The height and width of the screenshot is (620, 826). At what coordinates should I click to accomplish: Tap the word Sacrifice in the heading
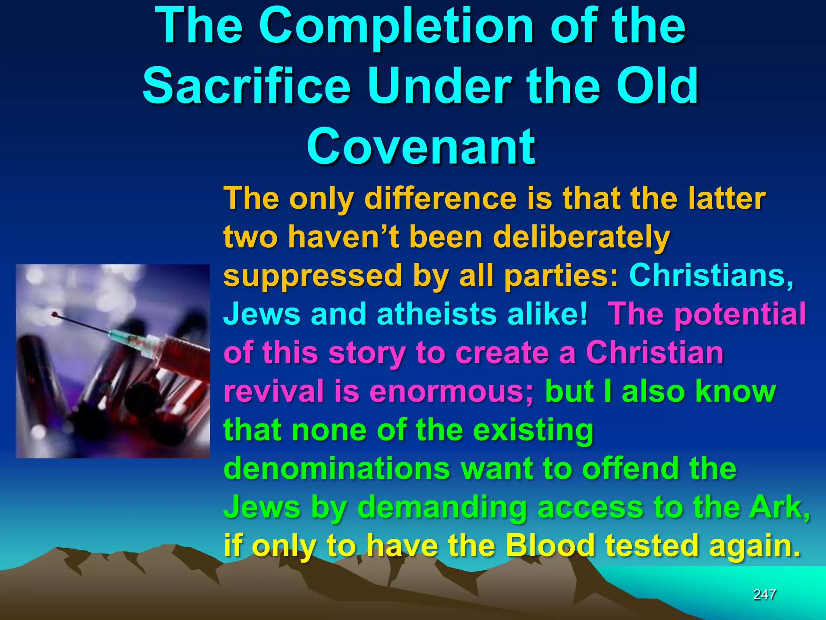(x=246, y=86)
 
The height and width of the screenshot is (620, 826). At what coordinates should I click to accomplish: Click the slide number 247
(x=764, y=595)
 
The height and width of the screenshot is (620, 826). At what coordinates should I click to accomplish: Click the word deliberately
(x=581, y=237)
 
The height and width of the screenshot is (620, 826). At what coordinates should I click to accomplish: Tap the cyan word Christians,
(x=711, y=276)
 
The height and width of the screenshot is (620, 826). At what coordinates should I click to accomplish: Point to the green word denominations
(x=336, y=469)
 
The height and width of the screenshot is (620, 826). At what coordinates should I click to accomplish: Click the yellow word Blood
(x=550, y=546)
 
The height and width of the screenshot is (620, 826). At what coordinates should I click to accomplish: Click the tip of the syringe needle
(x=54, y=314)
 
